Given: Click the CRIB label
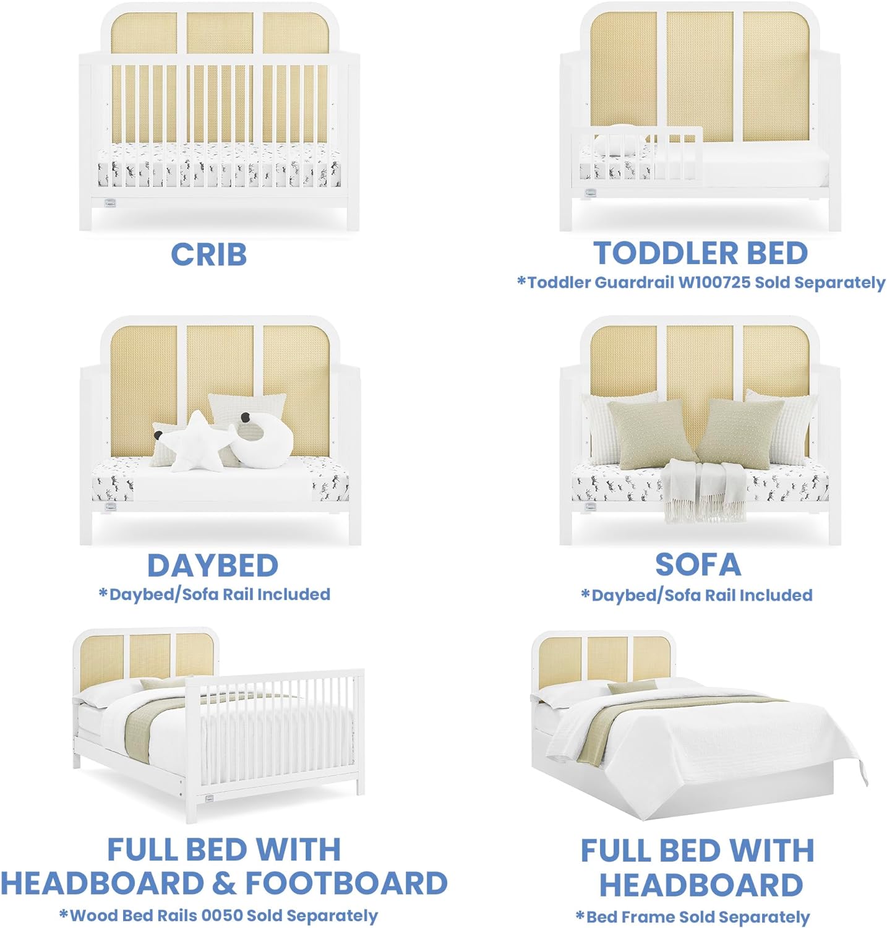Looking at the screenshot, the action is pyautogui.click(x=209, y=254).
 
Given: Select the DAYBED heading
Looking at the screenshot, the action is pyautogui.click(x=213, y=565).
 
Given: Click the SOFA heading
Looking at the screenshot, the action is pyautogui.click(x=698, y=564).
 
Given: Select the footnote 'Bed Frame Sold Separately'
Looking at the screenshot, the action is pyautogui.click(x=692, y=916).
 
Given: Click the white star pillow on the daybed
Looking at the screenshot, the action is pyautogui.click(x=195, y=442).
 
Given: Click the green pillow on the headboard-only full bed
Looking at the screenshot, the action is pyautogui.click(x=632, y=687).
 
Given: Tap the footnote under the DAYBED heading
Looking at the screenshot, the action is pyautogui.click(x=214, y=595).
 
